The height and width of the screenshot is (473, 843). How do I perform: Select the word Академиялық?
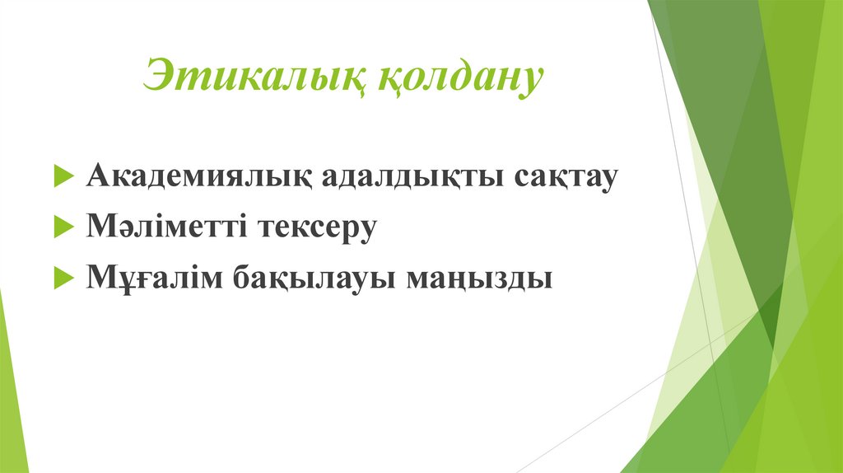[198, 177]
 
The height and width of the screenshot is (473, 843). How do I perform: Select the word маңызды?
[477, 278]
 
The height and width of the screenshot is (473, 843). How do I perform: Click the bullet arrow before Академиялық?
[64, 178]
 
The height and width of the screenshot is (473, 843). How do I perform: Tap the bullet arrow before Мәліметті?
[64, 228]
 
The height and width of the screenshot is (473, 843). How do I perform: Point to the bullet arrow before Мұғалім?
[64, 279]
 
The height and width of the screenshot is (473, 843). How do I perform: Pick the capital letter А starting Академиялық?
[96, 176]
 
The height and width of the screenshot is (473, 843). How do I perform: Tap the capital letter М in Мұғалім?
[99, 278]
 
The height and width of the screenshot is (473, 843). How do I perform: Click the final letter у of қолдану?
[530, 82]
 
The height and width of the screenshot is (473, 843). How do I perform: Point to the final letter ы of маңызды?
[539, 279]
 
